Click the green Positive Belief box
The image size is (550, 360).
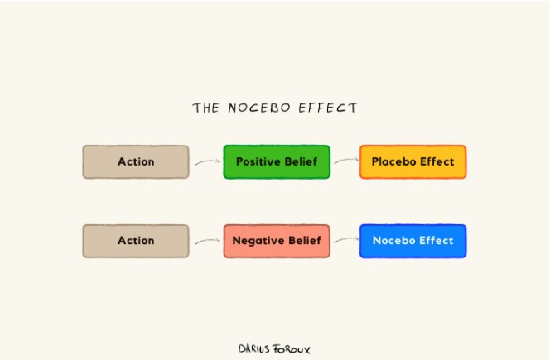point(277,161)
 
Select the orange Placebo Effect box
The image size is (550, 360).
point(412,161)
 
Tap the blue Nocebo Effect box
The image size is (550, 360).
point(412,241)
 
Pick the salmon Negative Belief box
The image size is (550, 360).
point(277,241)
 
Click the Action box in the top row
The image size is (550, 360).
point(136,161)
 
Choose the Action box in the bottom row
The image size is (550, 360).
point(136,241)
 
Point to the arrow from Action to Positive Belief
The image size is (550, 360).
point(208,161)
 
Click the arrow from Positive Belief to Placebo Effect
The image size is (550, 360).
point(346,161)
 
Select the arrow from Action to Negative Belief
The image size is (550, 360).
point(208,241)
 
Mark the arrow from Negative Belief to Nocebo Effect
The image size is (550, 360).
point(346,240)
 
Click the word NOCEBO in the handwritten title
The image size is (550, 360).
point(259,108)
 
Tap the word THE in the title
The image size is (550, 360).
point(206,108)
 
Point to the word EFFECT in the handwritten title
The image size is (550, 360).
point(328,108)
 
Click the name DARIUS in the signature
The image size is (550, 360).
point(254,348)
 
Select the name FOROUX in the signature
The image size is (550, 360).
point(292,349)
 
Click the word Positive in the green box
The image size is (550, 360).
point(254,161)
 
